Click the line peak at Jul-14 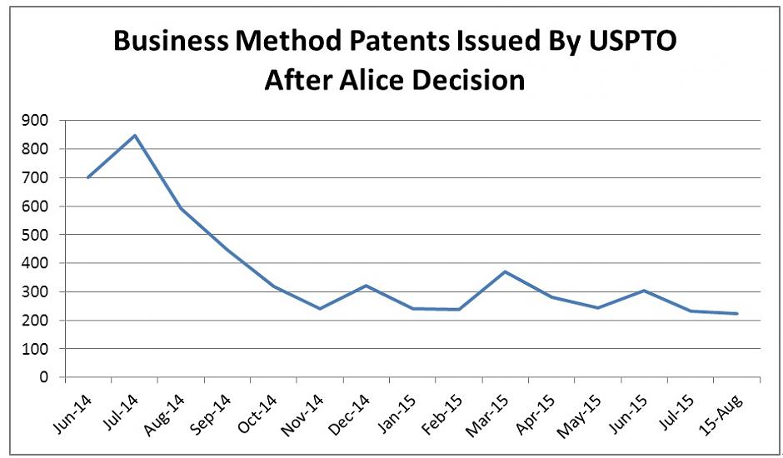(135, 135)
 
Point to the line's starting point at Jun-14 (88, 177)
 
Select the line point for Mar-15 (506, 271)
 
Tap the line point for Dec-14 (367, 286)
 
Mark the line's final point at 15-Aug (737, 314)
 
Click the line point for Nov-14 (320, 309)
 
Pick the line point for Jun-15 (645, 291)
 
